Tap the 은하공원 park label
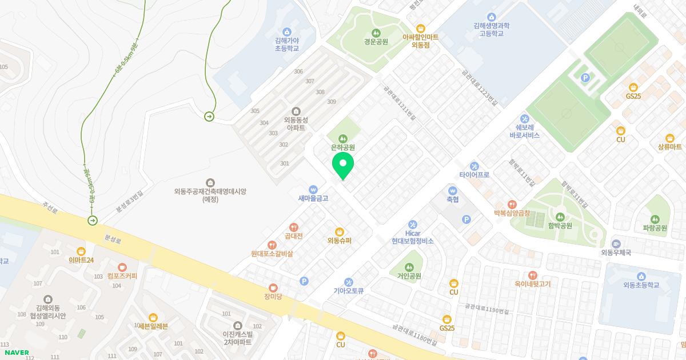pos(343,147)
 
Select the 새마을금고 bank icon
pos(313,189)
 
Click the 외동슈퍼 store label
pos(340,241)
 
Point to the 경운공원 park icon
pos(376,32)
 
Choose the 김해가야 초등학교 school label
pos(287,45)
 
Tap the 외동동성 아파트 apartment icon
pos(296,111)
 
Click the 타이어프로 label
pos(474,175)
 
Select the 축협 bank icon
pos(453,190)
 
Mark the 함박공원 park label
pos(560,226)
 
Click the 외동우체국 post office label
pos(616,253)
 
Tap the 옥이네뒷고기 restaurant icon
pos(533,275)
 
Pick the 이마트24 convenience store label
pos(81,260)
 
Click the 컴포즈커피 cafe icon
pos(122,267)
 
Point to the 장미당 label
pos(273,296)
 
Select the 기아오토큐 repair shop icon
pos(349,282)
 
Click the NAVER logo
pos(15,352)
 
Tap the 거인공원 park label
pos(409,276)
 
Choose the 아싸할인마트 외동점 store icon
pos(420,28)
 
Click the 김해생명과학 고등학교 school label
pos(492,30)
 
